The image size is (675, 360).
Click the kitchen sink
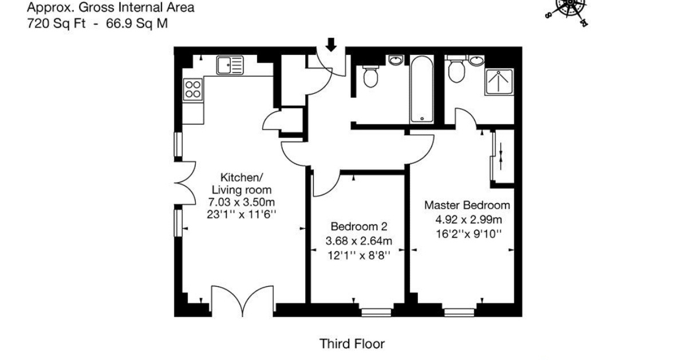230,65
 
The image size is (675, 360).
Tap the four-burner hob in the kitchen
193,89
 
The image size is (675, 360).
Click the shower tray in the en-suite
499,82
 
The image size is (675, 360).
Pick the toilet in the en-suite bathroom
456,69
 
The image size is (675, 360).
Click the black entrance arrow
330,45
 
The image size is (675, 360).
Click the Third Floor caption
352,343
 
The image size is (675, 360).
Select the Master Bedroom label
467,205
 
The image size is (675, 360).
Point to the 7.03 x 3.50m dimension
242,202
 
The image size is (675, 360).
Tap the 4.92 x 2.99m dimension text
468,220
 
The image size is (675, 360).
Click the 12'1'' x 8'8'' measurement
359,255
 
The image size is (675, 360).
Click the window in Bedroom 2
376,312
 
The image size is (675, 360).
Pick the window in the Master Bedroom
460,312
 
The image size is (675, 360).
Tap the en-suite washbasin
476,60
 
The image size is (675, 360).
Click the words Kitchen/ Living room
242,184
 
